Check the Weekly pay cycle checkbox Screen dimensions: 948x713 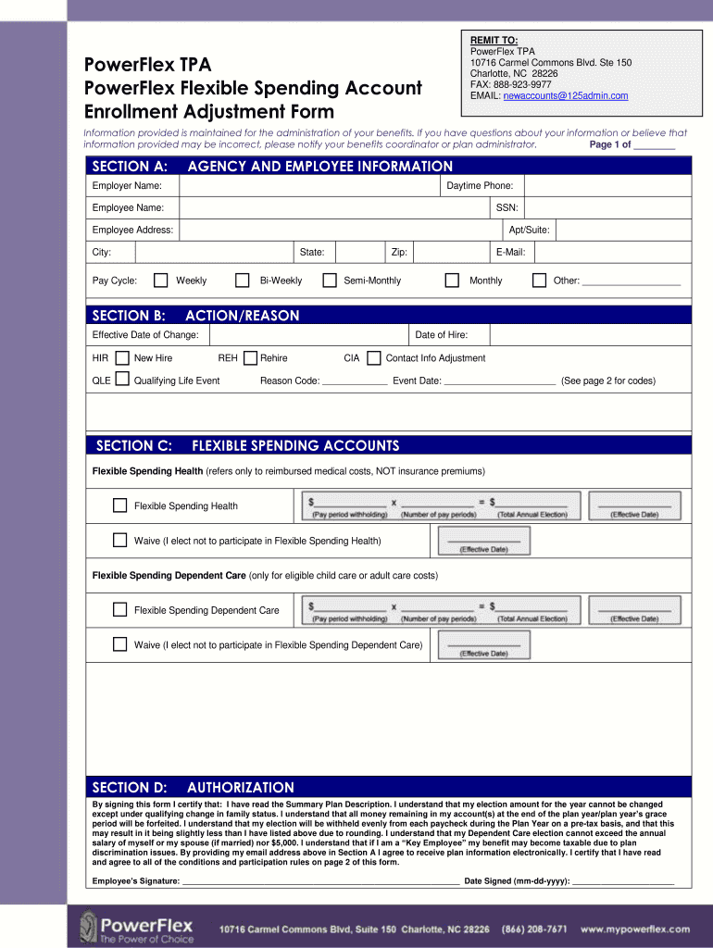coord(161,281)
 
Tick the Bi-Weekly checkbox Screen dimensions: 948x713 coord(243,281)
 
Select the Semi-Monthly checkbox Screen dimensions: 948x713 coord(329,281)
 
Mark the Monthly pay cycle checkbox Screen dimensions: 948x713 coord(452,281)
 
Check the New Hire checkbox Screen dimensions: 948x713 coord(121,358)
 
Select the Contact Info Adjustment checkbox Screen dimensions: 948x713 coord(373,358)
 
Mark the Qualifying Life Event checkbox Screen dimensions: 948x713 coord(121,380)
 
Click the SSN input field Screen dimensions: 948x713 coord(607,208)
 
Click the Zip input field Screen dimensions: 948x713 coord(450,253)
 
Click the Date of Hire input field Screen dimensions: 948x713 coord(589,334)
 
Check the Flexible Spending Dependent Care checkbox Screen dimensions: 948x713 coord(119,610)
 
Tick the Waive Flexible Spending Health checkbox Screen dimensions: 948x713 coord(119,541)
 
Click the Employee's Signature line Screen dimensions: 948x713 coord(320,880)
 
